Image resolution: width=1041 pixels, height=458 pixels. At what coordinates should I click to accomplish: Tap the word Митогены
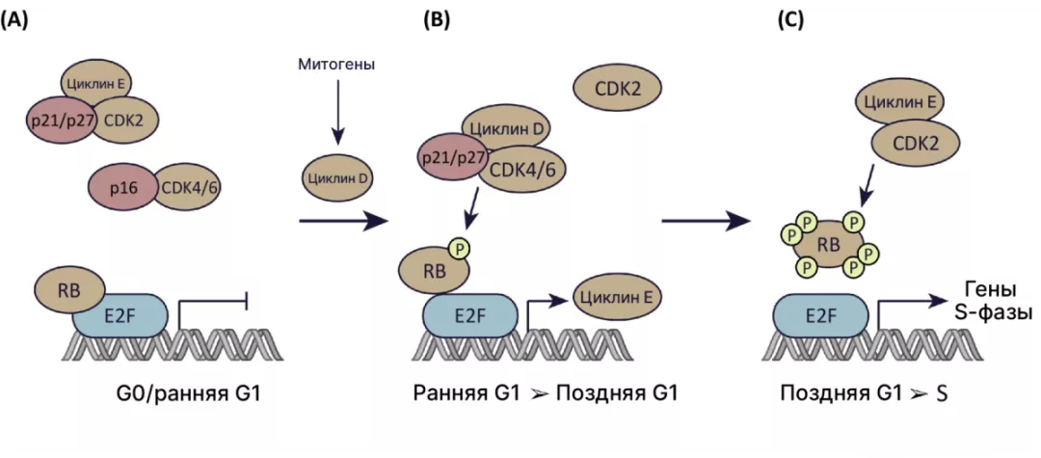pyautogui.click(x=336, y=65)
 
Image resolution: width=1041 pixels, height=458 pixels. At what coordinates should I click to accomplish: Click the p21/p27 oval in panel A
pyautogui.click(x=60, y=121)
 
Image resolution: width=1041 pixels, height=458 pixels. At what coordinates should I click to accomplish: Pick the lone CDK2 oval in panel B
pyautogui.click(x=617, y=91)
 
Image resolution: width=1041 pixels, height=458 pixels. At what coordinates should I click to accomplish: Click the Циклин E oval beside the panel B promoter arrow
pyautogui.click(x=617, y=298)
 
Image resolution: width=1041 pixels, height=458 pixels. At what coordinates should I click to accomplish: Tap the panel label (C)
pyautogui.click(x=791, y=21)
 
